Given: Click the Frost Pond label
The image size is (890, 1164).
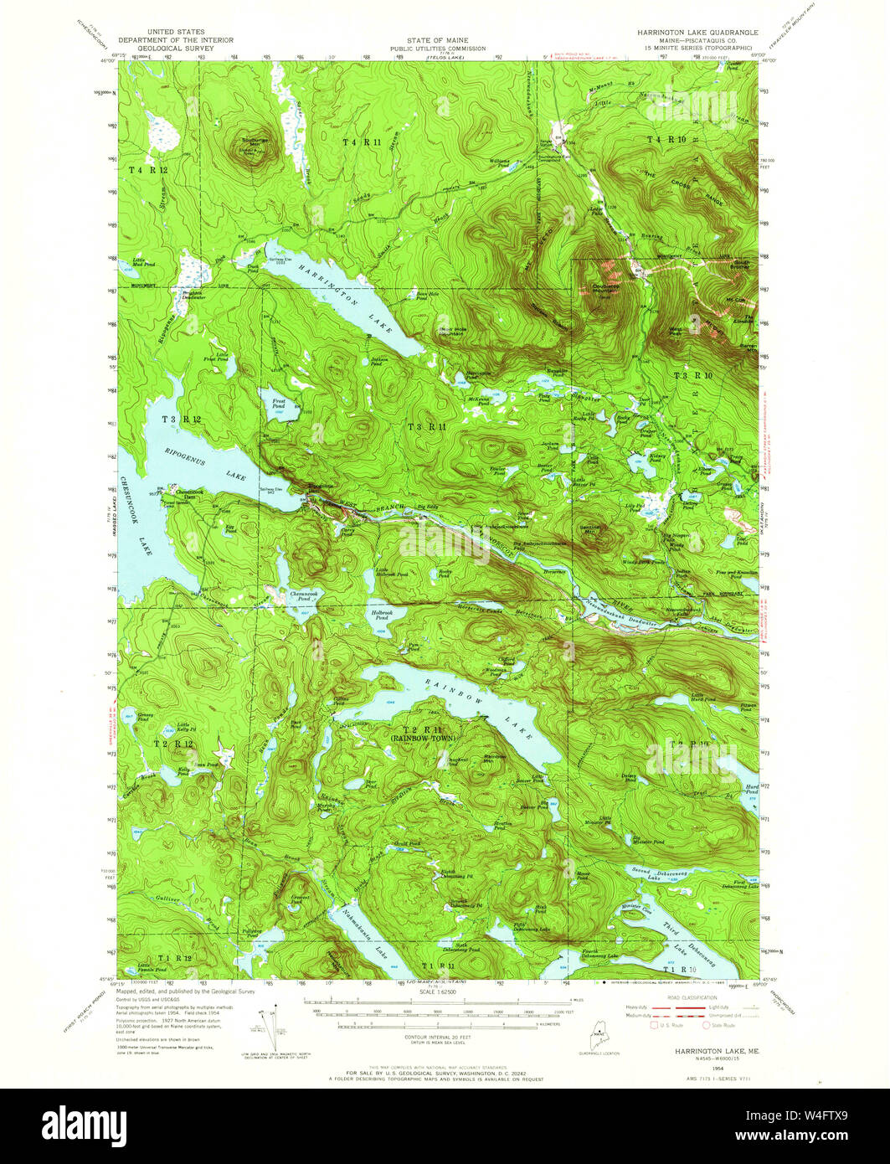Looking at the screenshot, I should point(279,403).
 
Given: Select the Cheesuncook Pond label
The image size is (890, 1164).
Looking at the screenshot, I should point(301,597).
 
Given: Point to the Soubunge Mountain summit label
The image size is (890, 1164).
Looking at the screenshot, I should point(252,142).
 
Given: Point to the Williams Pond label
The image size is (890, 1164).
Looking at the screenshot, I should point(500,162).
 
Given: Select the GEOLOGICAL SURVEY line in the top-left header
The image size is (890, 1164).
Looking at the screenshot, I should point(175,49).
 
